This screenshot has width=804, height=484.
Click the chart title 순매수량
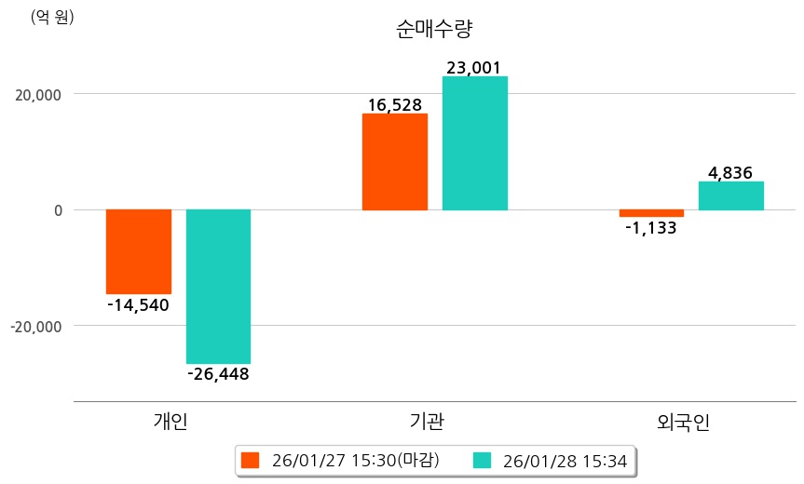(434, 29)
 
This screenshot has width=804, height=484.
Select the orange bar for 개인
(139, 251)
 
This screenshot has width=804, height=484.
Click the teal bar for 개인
(218, 287)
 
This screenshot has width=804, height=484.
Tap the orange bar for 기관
(395, 162)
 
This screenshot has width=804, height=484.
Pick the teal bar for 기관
(475, 143)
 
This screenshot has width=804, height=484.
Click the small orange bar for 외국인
(651, 213)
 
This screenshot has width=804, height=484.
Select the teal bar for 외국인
(731, 195)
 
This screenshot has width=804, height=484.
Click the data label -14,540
(138, 304)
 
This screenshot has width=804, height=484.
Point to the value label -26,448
(218, 374)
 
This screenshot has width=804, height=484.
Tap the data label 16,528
(395, 104)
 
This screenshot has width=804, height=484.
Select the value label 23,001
(474, 67)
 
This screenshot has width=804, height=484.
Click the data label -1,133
(651, 227)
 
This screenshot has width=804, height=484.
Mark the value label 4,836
(730, 172)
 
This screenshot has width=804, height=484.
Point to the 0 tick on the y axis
(58, 210)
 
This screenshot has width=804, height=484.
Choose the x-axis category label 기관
(427, 422)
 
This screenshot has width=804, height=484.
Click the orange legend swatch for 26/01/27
(250, 460)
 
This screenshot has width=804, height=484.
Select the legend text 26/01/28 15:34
(564, 460)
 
